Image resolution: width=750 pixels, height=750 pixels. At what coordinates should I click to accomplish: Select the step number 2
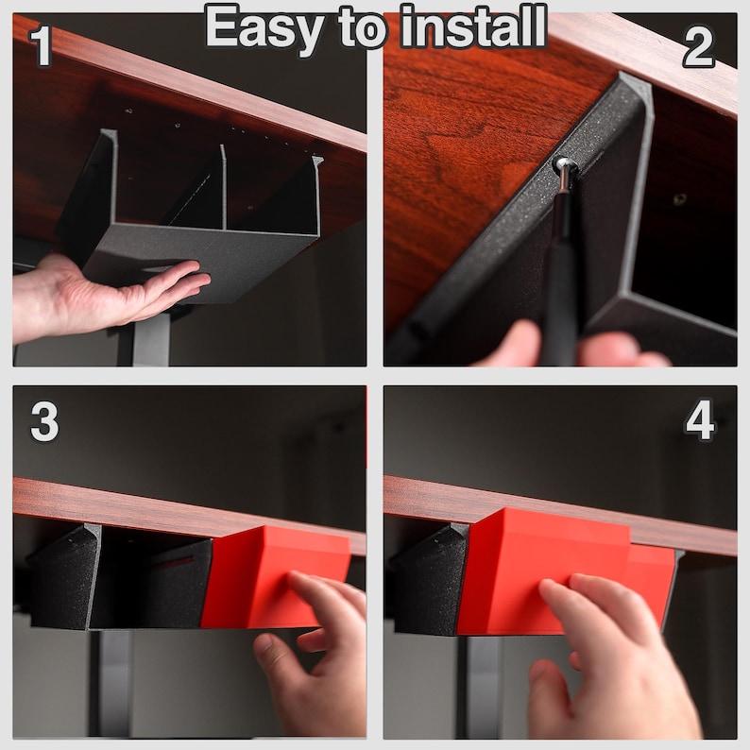click(698, 47)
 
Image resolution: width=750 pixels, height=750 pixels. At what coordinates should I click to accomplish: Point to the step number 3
click(44, 423)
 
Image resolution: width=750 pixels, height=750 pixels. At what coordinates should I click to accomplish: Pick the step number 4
click(699, 423)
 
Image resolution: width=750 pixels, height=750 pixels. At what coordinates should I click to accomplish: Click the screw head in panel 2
click(565, 168)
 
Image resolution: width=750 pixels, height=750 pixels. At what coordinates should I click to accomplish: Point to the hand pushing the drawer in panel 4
click(605, 661)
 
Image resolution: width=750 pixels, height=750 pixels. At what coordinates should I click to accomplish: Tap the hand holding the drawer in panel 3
click(316, 661)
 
